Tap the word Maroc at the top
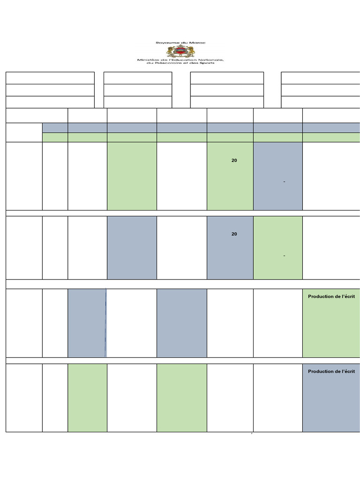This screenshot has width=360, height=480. (196, 43)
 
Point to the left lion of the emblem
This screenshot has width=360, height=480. (171, 51)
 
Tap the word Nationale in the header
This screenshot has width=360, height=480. (211, 60)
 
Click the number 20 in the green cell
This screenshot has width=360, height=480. (234, 160)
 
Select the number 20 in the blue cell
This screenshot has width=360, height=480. (234, 234)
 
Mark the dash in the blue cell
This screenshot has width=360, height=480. (285, 182)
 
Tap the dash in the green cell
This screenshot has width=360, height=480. (285, 255)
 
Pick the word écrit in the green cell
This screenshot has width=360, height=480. (348, 296)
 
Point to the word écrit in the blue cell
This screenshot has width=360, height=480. (348, 371)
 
